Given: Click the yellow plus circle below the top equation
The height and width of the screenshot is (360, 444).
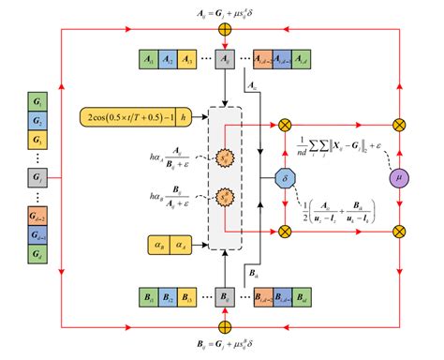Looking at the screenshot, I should point(224,29).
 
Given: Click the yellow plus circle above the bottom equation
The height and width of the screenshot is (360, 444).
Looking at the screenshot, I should point(224,326).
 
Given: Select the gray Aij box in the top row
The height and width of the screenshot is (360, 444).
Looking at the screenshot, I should point(225,59).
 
